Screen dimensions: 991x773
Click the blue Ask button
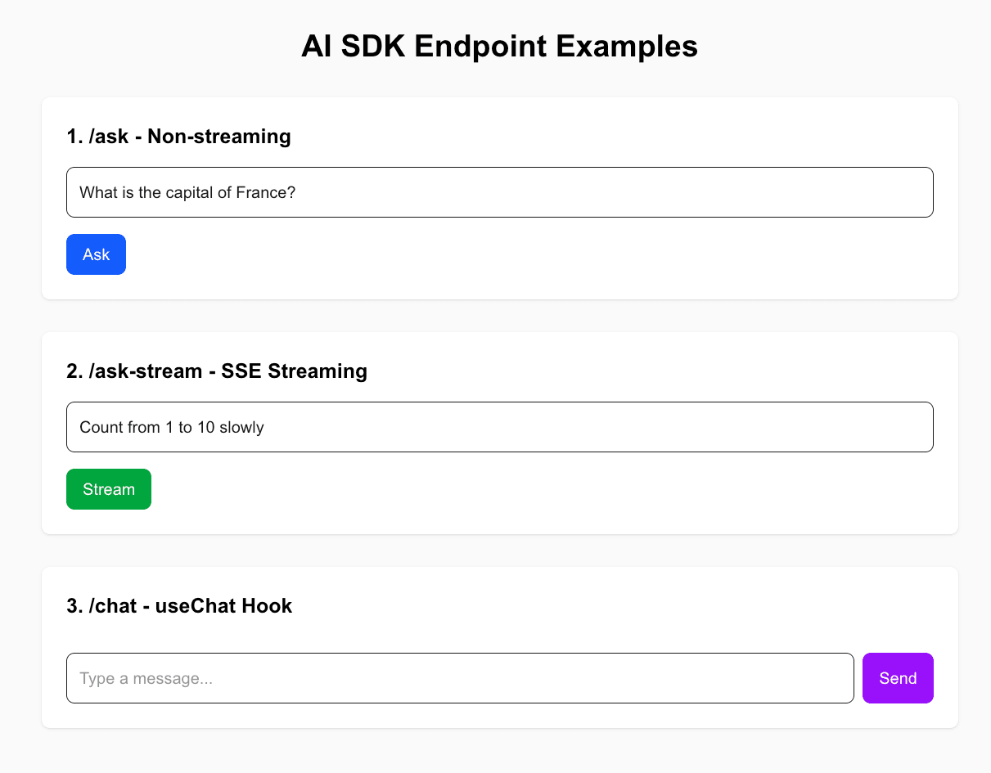(96, 254)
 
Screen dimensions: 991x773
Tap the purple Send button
(898, 678)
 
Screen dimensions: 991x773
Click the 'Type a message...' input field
(460, 678)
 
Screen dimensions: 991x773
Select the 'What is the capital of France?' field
(500, 192)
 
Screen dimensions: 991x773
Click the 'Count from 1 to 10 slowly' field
(500, 427)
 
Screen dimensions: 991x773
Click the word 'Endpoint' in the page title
(480, 47)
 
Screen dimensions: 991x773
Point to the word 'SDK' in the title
(373, 46)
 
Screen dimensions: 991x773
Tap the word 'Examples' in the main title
(627, 47)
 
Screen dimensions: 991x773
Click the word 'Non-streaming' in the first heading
(219, 137)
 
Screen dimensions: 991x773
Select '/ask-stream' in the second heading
(146, 371)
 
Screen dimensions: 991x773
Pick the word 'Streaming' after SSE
(318, 371)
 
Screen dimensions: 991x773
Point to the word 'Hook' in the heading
(267, 606)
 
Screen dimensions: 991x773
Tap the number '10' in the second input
(205, 428)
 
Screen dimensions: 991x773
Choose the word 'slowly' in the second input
(241, 428)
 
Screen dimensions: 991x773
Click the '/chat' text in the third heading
(113, 606)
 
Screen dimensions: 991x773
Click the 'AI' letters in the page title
(316, 46)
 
